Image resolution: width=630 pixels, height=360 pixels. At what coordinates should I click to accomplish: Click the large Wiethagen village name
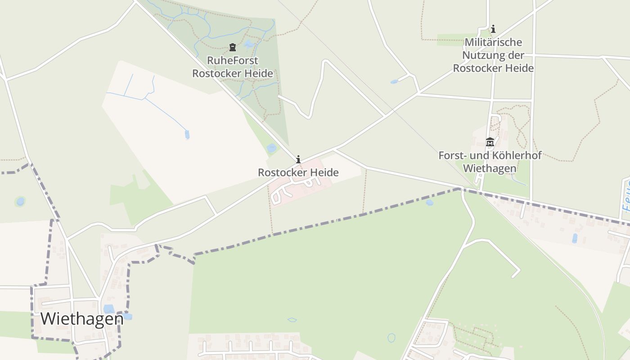pos(82,319)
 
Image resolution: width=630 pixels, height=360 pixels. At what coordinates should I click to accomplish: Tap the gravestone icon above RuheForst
pos(233,47)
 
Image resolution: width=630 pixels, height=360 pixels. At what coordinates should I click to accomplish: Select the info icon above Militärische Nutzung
pos(493,29)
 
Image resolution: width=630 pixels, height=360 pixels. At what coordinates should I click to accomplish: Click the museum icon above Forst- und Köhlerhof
pos(490,142)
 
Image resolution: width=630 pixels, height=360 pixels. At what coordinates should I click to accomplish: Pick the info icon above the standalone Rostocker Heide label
pos(298,159)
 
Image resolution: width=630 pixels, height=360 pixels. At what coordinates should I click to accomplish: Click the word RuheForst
pos(233,60)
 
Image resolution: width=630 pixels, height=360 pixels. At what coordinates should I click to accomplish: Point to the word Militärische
pos(493,42)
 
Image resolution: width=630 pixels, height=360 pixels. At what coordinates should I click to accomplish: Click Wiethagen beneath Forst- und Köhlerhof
pos(490,169)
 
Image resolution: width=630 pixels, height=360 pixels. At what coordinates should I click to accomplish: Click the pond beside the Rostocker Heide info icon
pos(271,148)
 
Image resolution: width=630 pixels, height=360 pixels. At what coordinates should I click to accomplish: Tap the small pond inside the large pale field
pos(187,134)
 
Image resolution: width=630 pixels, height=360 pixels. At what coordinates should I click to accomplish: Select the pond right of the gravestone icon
pos(248,44)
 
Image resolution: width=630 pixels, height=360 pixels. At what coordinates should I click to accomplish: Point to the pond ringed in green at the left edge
pos(20,201)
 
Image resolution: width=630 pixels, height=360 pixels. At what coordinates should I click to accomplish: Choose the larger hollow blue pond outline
pos(391,337)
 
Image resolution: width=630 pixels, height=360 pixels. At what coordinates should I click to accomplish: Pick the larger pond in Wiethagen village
pos(109,309)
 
